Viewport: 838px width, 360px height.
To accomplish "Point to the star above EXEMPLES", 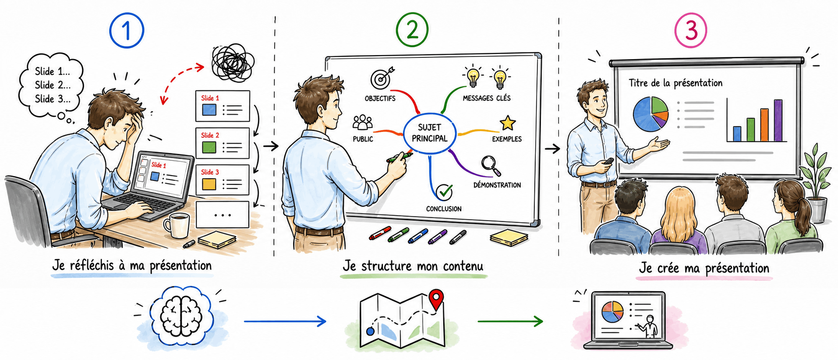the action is pos(507,123).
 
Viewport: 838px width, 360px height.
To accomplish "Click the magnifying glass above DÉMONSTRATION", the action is pos(491,166).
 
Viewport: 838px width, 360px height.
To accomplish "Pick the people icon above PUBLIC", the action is pos(363,123).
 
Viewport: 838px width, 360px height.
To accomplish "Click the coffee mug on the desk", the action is pos(177,225).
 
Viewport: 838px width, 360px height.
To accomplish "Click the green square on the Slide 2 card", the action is pos(209,147).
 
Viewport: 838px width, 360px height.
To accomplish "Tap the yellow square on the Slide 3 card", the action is pos(209,184).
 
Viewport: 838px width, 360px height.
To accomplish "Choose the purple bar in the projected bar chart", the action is pos(778,120).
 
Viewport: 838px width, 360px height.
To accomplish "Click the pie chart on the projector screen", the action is pos(651,114).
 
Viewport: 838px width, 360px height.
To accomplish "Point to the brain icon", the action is pos(181,316).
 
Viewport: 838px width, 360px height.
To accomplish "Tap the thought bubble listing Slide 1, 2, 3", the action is pos(51,86).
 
